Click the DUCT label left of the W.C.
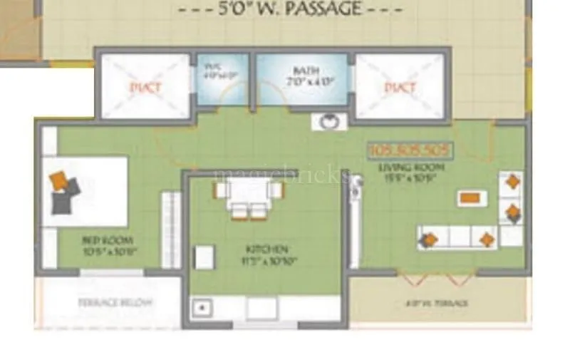click(x=145, y=88)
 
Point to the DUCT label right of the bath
click(x=399, y=88)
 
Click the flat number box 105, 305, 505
click(x=409, y=150)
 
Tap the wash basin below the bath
click(x=328, y=121)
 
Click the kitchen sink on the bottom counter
click(x=202, y=308)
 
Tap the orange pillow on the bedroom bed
click(x=60, y=180)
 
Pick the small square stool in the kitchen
click(x=204, y=257)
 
